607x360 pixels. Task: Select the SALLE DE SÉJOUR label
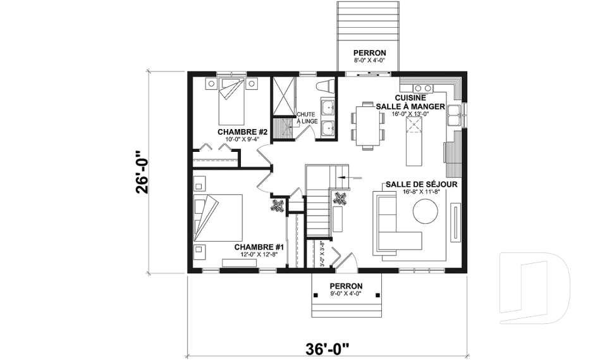[x=420, y=184]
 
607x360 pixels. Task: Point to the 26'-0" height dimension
[x=144, y=171]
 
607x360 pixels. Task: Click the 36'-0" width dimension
[x=328, y=347]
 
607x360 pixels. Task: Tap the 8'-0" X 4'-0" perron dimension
[x=369, y=61]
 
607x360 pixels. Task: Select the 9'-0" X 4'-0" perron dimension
[x=345, y=293]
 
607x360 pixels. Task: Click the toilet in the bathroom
[x=326, y=86]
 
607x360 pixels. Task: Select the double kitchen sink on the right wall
[x=455, y=116]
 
